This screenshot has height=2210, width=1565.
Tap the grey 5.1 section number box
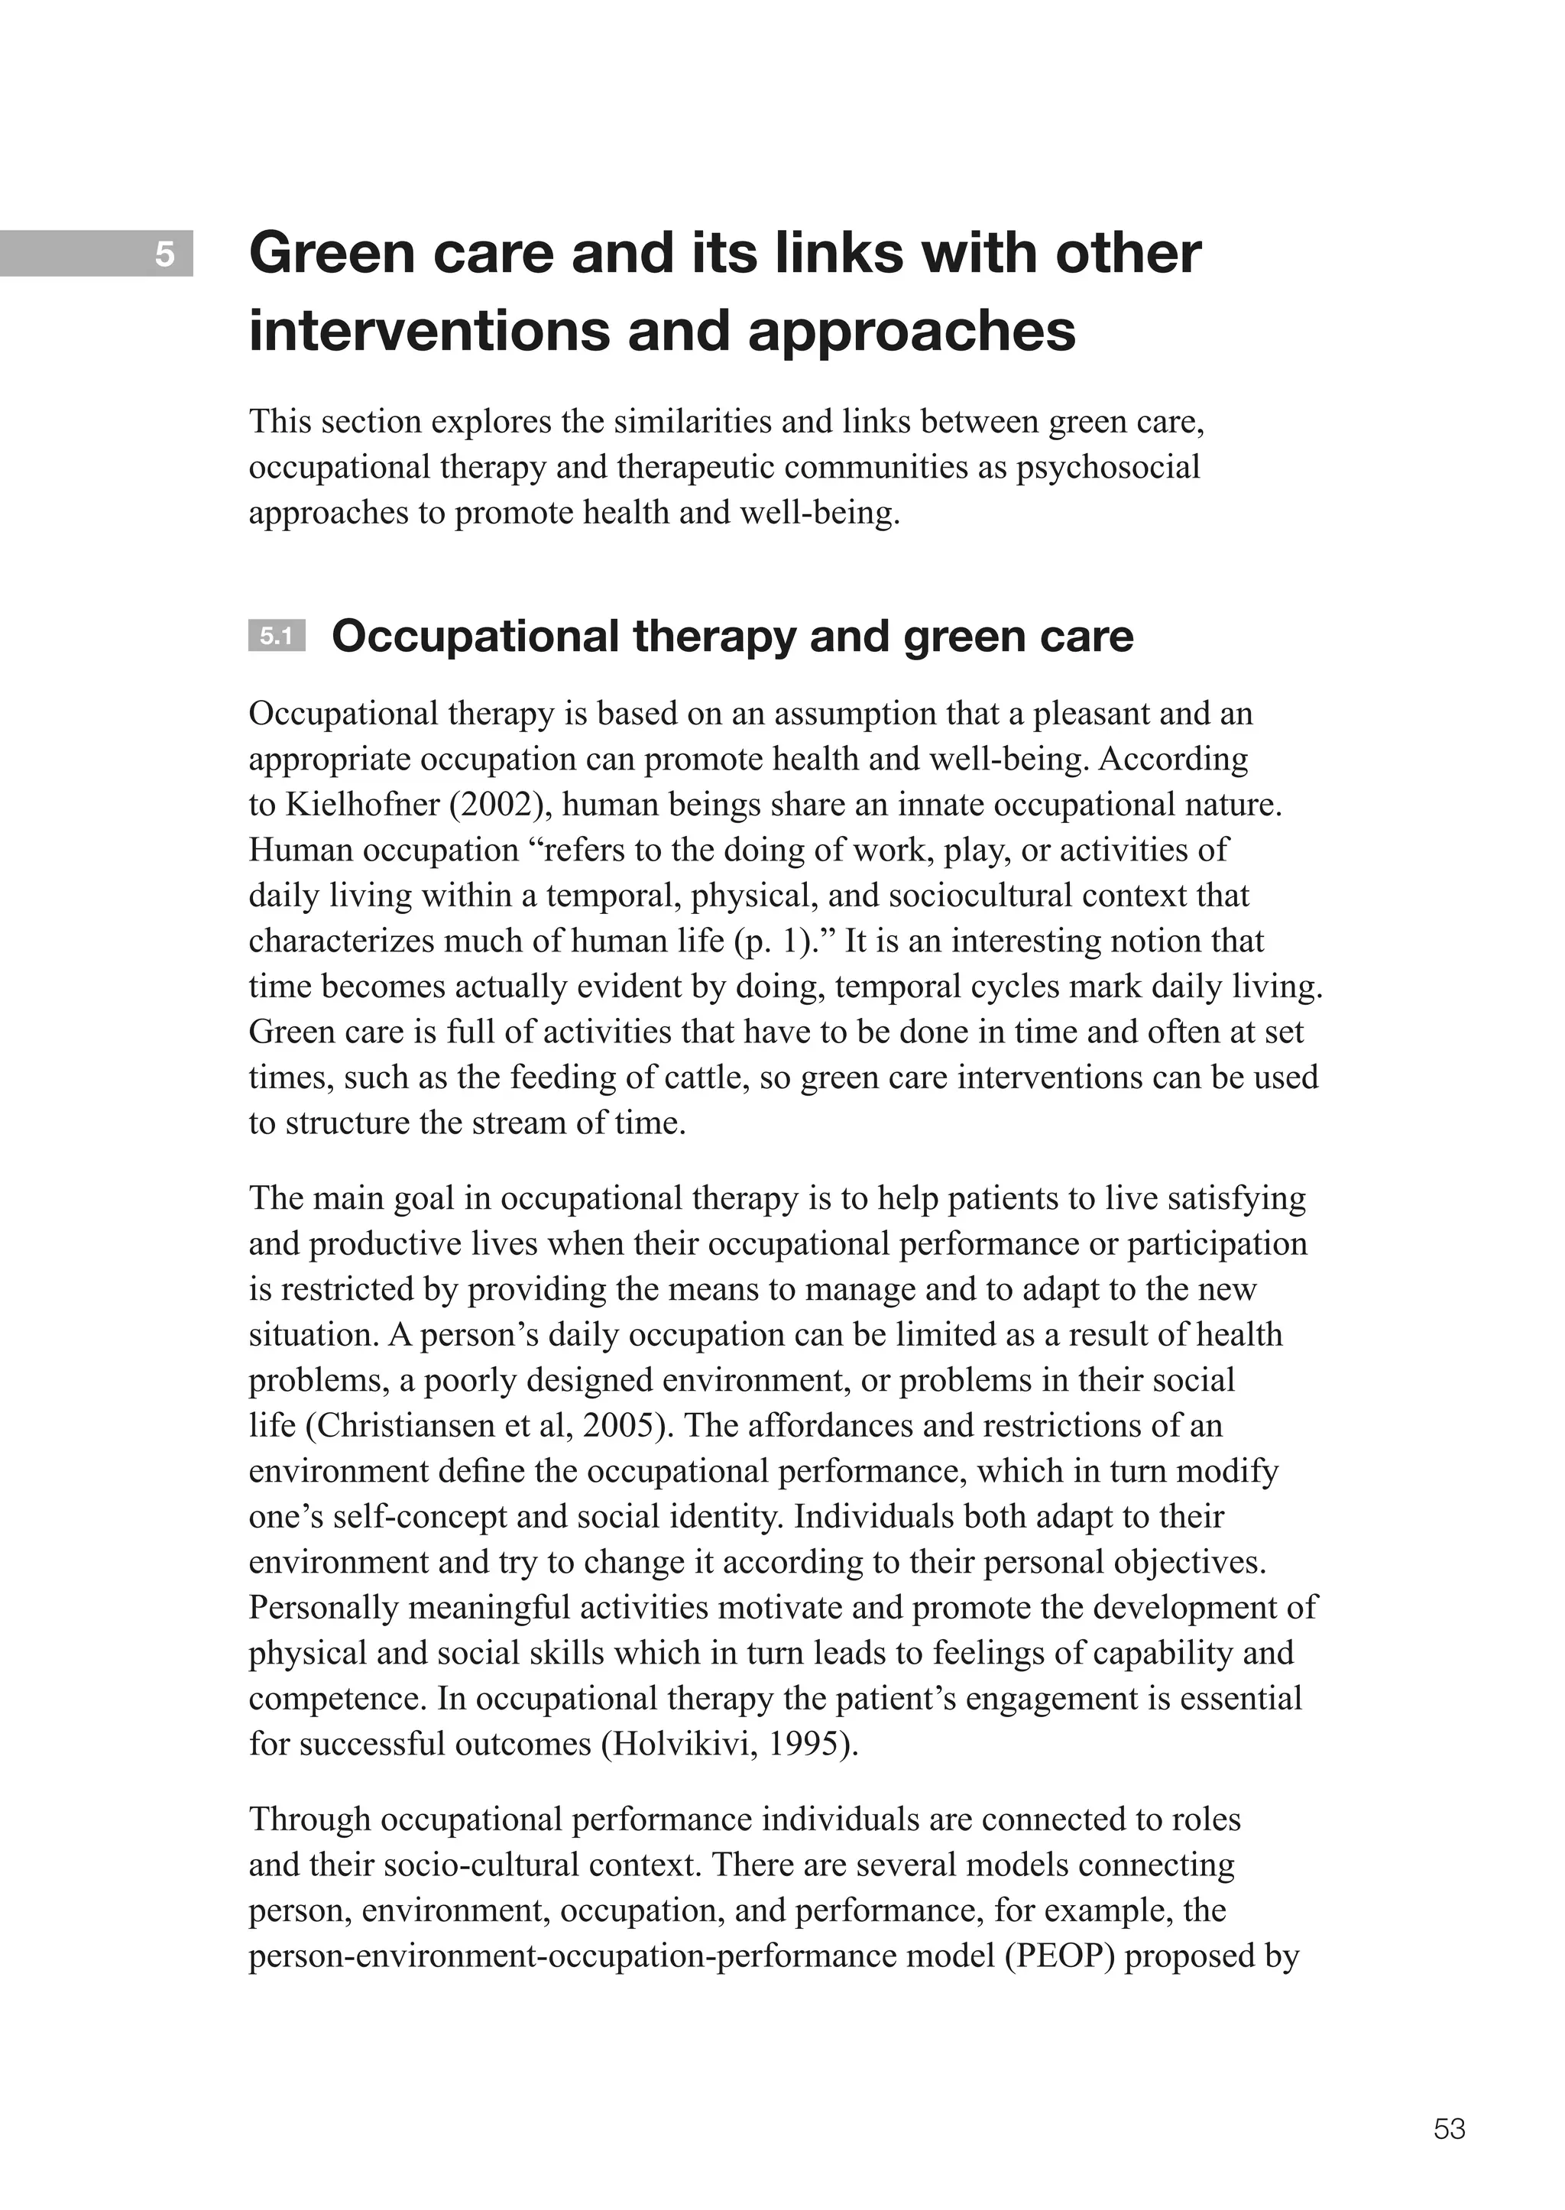coord(276,636)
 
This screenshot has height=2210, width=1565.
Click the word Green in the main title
coord(332,254)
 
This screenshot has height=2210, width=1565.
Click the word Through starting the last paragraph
coord(310,1820)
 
